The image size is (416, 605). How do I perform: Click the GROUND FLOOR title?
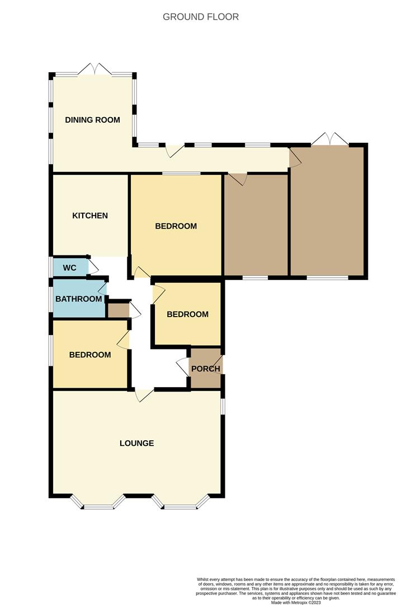pos(201,17)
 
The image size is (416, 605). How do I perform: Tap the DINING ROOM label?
pos(93,120)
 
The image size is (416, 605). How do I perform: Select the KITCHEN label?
pos(90,216)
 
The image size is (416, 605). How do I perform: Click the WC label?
pos(69,268)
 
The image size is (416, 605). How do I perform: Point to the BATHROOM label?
pos(79,299)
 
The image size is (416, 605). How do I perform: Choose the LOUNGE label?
pos(137,443)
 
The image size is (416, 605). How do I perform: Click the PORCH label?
pos(206,369)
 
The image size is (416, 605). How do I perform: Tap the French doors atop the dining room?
pos(94,70)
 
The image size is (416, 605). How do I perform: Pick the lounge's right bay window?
pos(181,504)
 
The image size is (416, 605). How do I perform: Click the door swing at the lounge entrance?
pos(144,395)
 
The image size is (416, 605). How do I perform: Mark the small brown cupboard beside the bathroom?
pos(118,310)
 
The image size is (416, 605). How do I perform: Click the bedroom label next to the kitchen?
pos(176,226)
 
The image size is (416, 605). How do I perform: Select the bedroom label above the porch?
pos(188,314)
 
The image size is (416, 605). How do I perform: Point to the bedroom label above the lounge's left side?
pos(90,355)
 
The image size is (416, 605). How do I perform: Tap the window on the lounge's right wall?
pos(223,406)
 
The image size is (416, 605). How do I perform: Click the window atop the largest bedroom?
pos(181,174)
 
